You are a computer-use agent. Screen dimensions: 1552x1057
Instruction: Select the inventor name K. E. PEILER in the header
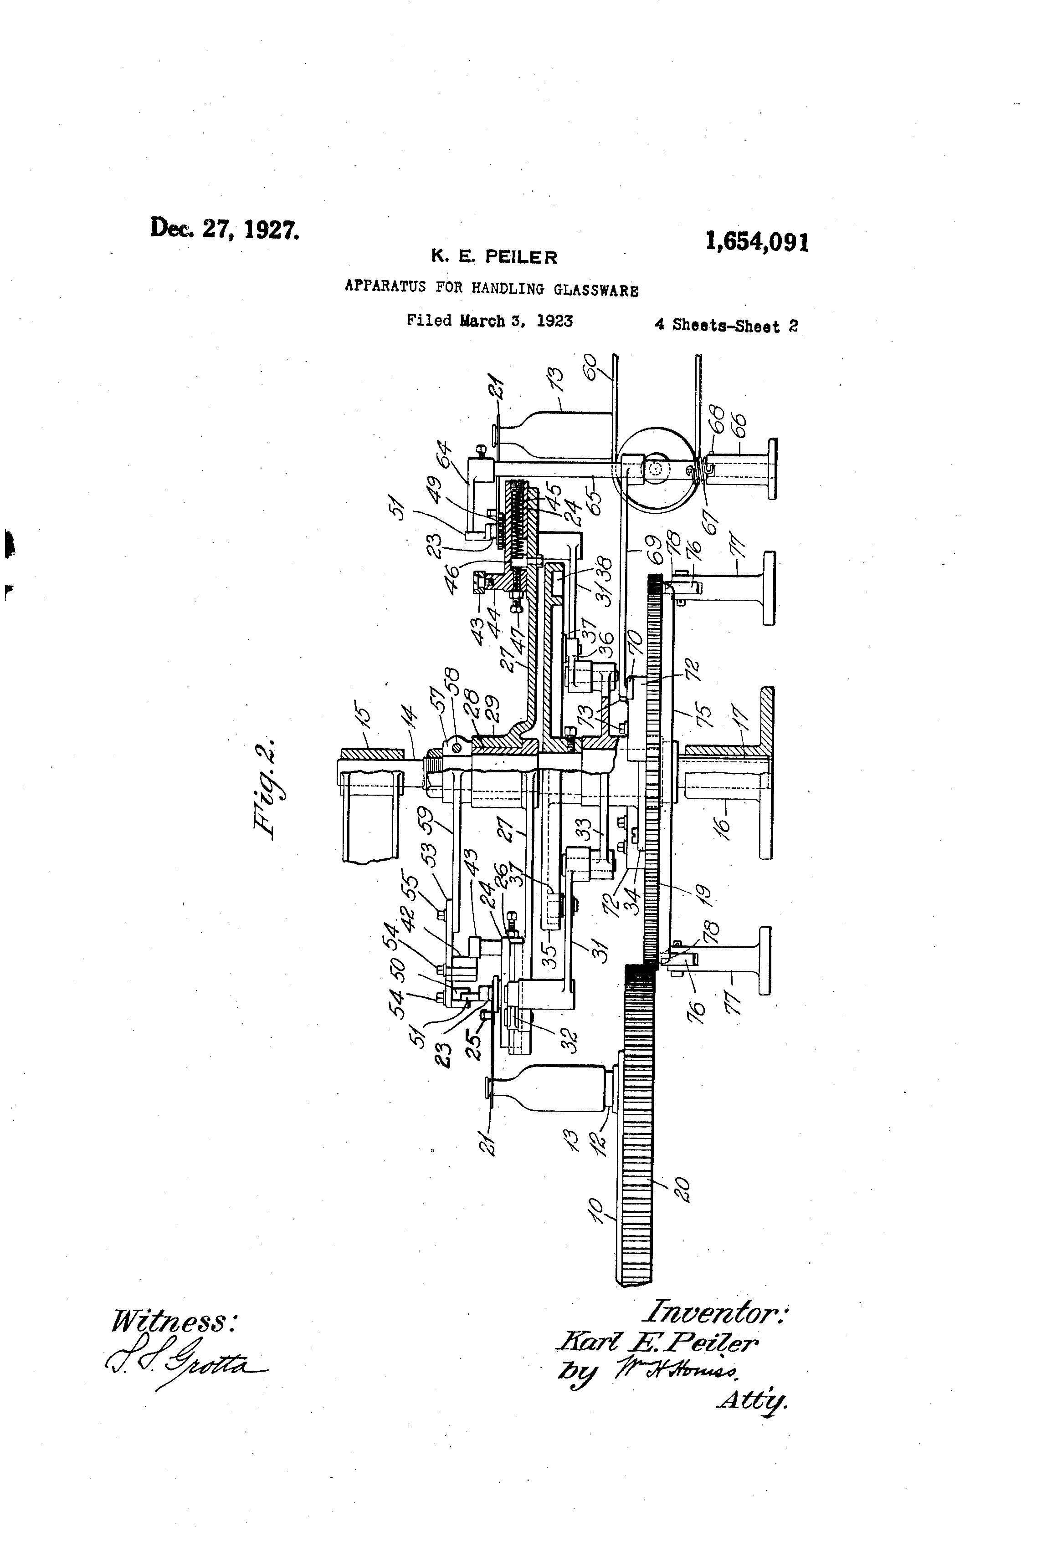pyautogui.click(x=494, y=256)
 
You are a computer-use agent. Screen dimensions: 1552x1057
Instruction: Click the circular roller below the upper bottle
pyautogui.click(x=655, y=470)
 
